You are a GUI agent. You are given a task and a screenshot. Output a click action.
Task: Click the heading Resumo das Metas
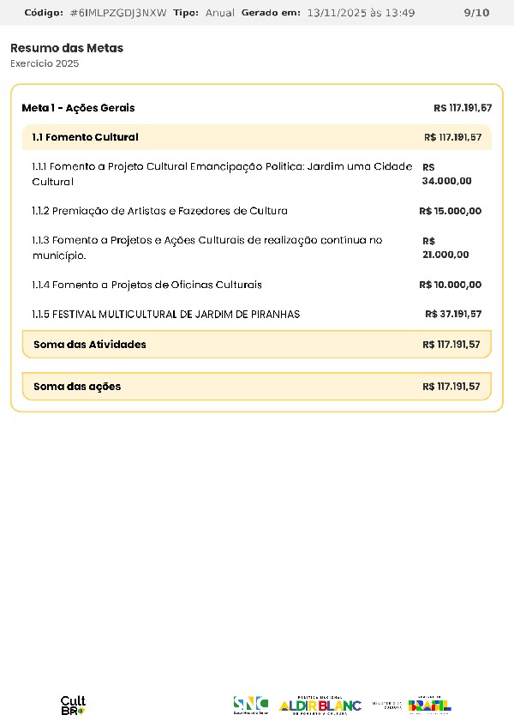67,48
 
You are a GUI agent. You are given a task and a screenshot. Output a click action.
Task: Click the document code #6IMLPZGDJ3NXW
118,13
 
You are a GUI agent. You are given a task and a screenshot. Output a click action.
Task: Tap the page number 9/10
476,13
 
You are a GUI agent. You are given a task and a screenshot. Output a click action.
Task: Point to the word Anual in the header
219,13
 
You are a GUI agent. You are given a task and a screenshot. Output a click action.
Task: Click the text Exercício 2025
45,64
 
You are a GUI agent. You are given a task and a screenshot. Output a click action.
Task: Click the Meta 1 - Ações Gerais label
78,108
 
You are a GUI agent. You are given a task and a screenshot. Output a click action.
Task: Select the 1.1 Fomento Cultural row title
85,137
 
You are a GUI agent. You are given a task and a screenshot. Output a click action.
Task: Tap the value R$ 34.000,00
446,174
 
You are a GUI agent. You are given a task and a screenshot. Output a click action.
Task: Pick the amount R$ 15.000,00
451,211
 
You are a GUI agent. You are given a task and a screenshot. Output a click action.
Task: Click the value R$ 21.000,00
445,248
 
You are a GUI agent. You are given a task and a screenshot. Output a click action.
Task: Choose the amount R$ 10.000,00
451,285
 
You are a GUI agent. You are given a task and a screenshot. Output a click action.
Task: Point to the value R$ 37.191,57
453,314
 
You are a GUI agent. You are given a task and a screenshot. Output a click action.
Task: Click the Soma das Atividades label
90,345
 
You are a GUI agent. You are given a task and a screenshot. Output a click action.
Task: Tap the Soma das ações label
77,387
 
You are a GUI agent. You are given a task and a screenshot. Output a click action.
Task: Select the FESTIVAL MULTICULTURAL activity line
166,315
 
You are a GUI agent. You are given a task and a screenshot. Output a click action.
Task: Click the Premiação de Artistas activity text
160,211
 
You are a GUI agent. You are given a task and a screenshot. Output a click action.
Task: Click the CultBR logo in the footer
73,706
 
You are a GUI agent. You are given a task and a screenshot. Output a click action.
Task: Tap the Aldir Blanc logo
320,705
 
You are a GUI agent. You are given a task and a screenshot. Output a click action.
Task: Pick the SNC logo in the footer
251,705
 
